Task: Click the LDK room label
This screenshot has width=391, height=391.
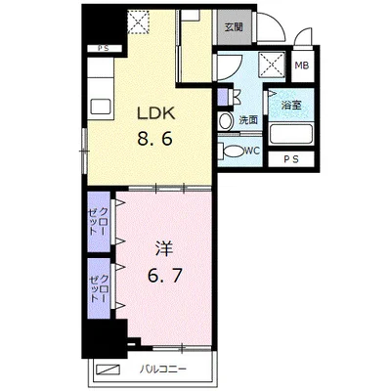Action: coord(156,113)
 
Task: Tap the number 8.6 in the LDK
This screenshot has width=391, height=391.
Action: coord(154,139)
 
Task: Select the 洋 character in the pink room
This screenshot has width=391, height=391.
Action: coord(164,250)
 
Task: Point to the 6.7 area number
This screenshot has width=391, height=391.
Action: coord(164,276)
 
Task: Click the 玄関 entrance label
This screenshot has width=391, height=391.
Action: coord(235,27)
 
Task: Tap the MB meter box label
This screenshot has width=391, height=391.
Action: coord(302,65)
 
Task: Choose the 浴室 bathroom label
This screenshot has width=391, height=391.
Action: coord(291,105)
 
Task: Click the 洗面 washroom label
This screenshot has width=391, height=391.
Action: coord(248,120)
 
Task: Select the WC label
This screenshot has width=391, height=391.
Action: coord(252,151)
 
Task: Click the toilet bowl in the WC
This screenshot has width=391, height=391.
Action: coord(232,152)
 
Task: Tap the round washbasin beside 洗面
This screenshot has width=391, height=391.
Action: coord(225,121)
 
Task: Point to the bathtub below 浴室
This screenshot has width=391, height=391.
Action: coord(291,134)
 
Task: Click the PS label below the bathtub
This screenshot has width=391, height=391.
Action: coord(291,159)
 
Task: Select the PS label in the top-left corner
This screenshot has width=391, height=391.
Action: coord(104,49)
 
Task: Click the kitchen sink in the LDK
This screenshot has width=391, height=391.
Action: coord(101,107)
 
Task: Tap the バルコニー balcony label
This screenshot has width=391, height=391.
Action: coord(163,369)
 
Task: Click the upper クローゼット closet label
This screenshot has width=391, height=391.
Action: coord(99,222)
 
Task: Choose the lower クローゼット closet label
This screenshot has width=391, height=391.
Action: coord(100,288)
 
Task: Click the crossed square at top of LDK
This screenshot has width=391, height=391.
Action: coord(137,22)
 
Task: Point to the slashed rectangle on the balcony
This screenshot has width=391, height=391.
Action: coord(108,369)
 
